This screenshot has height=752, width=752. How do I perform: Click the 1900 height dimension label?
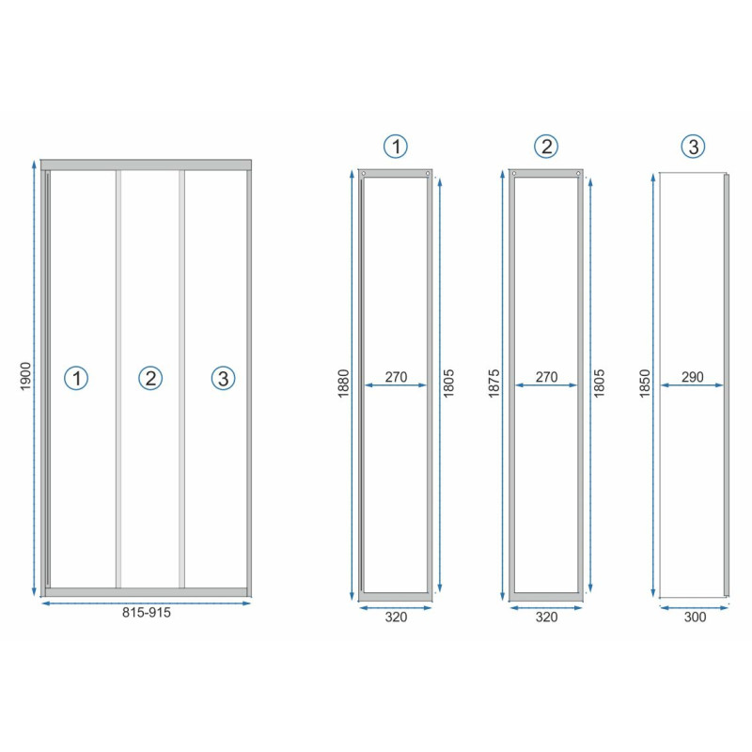tap(25, 376)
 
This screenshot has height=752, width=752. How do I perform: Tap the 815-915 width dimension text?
tap(147, 613)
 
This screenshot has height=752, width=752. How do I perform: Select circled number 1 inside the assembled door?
tap(76, 378)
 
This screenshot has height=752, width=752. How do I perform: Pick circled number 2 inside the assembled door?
tap(150, 378)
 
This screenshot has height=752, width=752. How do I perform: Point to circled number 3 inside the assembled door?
tap(224, 378)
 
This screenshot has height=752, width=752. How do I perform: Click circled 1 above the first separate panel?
tap(396, 147)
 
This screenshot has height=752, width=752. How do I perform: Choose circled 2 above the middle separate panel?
tap(546, 147)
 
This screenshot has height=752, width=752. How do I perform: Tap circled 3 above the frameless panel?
tap(694, 147)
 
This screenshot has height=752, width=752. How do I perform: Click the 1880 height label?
tap(344, 384)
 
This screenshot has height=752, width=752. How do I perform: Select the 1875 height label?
tap(494, 384)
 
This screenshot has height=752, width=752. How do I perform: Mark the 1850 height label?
tap(645, 384)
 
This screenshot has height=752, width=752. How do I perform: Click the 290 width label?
tap(693, 377)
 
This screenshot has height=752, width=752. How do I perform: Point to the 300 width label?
tap(695, 617)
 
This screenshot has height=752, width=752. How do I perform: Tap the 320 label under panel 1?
tap(396, 617)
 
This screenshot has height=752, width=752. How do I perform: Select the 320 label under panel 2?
tap(547, 617)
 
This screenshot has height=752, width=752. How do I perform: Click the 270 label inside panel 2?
tap(547, 377)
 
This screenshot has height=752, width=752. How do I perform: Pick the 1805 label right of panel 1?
tap(448, 384)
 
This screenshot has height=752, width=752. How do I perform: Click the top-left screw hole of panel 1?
tap(364, 174)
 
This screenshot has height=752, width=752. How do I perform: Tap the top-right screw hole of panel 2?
tap(578, 174)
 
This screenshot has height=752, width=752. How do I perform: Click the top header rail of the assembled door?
tap(146, 165)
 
